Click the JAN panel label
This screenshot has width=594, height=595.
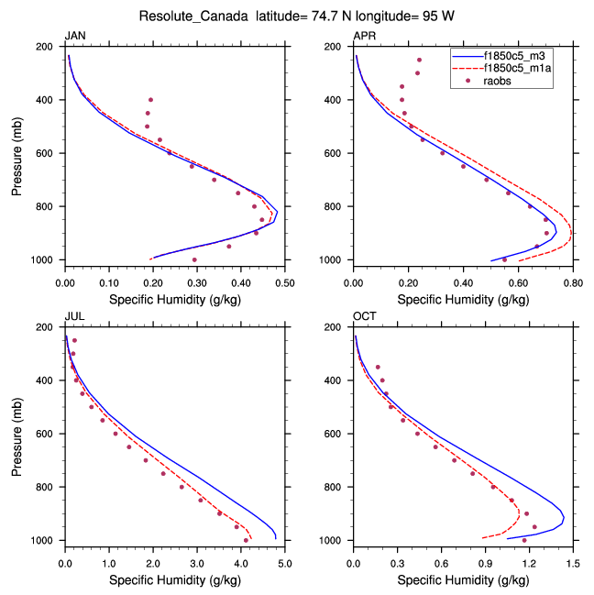coord(74,35)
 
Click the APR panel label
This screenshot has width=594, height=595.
coord(364,35)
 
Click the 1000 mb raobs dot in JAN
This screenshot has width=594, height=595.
coord(194,259)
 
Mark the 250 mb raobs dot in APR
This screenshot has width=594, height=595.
coord(419,60)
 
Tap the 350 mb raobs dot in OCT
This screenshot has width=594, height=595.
coord(378,367)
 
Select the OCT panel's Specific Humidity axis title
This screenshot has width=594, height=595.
coord(463,579)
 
